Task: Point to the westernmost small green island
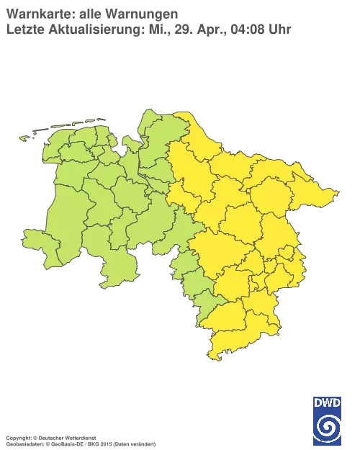[x=24, y=137]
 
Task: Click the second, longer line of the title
[x=148, y=30]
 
